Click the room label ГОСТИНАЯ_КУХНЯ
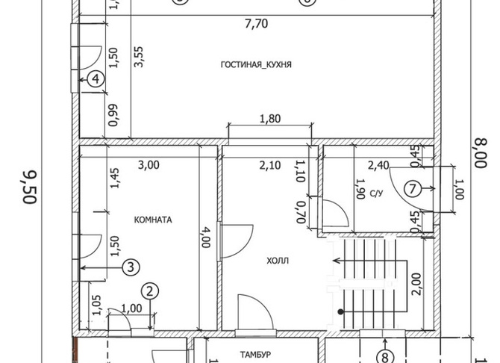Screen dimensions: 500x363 click(x=256, y=65)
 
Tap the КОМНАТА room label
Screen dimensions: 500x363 click(x=153, y=220)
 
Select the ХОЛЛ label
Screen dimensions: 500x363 click(x=278, y=261)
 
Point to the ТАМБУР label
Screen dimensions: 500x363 click(x=256, y=354)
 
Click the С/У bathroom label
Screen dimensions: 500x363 click(x=376, y=193)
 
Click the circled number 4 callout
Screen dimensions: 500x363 click(x=96, y=79)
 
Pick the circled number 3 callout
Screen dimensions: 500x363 click(x=131, y=267)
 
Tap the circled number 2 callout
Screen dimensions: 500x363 click(x=150, y=291)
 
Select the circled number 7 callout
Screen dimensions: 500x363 click(x=413, y=189)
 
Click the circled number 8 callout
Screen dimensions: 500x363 click(x=385, y=357)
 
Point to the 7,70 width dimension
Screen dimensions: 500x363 click(x=257, y=24)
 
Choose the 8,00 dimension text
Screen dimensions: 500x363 click(x=481, y=153)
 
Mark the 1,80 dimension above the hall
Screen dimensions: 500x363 click(x=270, y=119)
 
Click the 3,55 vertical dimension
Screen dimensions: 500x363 click(x=139, y=57)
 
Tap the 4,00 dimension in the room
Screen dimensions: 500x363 click(x=205, y=238)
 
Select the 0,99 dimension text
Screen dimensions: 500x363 click(x=113, y=115)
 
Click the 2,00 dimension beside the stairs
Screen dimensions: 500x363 click(x=416, y=284)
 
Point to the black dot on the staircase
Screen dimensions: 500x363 click(x=341, y=311)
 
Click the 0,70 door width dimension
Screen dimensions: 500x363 click(x=300, y=212)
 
